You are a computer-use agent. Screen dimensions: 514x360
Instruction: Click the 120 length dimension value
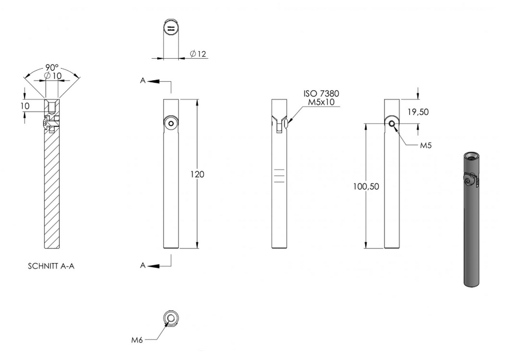(197, 174)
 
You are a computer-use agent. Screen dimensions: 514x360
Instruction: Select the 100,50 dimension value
(366, 187)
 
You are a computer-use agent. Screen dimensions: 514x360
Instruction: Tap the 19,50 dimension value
(418, 112)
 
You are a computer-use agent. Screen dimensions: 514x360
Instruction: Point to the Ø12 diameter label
(198, 54)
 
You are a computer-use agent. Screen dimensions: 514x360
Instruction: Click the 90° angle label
(52, 68)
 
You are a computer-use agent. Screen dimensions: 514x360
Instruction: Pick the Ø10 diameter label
(53, 76)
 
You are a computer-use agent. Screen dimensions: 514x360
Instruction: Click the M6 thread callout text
(137, 340)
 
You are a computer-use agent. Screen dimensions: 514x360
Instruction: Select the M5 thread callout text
(426, 145)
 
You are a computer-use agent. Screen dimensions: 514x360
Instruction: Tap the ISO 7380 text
(321, 94)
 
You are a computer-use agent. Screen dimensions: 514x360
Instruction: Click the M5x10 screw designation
(321, 102)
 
